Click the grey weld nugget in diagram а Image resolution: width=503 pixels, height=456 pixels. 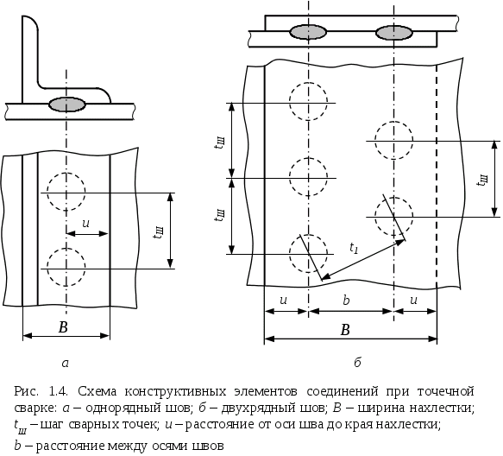click(67, 104)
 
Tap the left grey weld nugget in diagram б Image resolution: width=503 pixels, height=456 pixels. click(308, 32)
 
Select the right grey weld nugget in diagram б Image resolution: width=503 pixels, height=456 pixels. click(394, 33)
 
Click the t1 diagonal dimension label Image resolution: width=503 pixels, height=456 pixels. click(354, 248)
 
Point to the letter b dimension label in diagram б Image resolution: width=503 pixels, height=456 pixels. click(346, 301)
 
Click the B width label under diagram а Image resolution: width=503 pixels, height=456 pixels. click(63, 327)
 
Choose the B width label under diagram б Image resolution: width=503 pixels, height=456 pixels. click(345, 330)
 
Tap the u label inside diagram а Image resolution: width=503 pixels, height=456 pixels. click(85, 223)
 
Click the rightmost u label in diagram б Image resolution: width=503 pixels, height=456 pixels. click(414, 301)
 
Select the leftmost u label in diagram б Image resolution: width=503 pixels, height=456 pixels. click(283, 301)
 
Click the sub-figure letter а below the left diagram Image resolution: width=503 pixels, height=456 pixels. click(65, 364)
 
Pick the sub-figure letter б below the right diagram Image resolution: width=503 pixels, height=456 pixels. click(357, 362)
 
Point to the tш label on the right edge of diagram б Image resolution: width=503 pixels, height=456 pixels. click(482, 180)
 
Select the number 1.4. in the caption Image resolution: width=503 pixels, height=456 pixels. click(59, 392)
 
